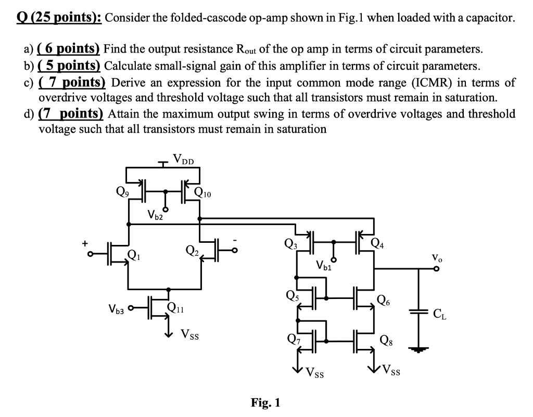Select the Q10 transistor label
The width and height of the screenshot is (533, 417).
(x=203, y=194)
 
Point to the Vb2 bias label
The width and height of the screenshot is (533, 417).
(x=155, y=214)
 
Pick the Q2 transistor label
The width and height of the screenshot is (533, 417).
(x=191, y=252)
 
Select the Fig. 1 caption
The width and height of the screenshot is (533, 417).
(x=265, y=402)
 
